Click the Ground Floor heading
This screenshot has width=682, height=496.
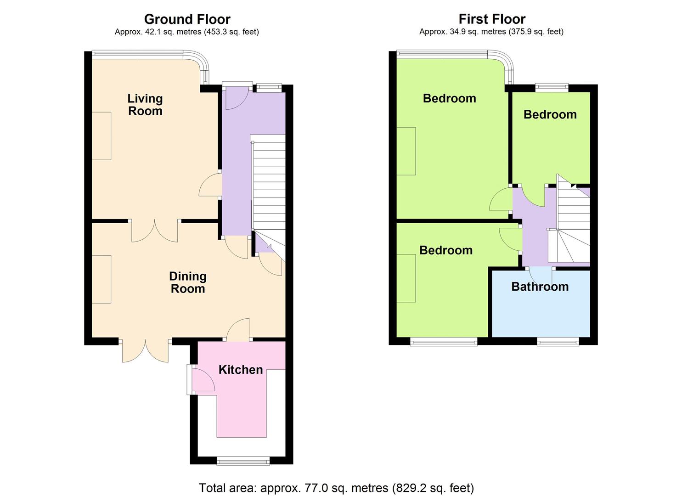pyautogui.click(x=187, y=19)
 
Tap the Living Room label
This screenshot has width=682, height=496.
pyautogui.click(x=145, y=105)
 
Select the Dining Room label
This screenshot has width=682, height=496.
pyautogui.click(x=188, y=282)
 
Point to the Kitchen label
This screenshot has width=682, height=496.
pyautogui.click(x=241, y=370)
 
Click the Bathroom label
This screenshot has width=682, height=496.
pyautogui.click(x=540, y=287)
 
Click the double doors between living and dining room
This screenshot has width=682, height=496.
pyautogui.click(x=155, y=231)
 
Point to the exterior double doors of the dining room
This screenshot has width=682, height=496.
pyautogui.click(x=145, y=350)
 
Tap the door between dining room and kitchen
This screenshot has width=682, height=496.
pyautogui.click(x=238, y=329)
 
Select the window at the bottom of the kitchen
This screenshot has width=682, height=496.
pyautogui.click(x=243, y=461)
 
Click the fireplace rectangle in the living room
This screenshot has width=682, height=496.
pyautogui.click(x=101, y=136)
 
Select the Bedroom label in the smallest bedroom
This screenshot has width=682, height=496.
pyautogui.click(x=550, y=114)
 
